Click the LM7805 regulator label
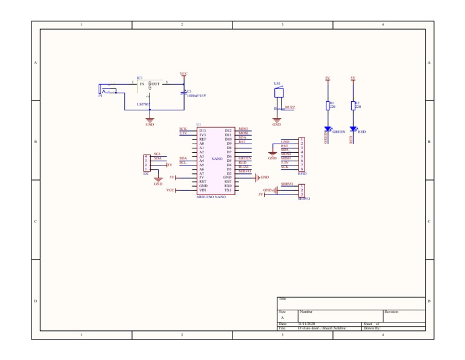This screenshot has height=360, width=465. (x=143, y=104)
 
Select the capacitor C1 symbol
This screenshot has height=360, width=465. (x=183, y=93)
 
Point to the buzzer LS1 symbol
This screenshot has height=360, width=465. (x=278, y=93)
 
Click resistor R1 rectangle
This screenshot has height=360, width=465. (x=328, y=105)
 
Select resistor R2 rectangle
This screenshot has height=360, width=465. (x=353, y=105)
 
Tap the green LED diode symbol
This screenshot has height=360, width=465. (x=328, y=128)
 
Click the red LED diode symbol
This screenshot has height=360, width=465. (x=353, y=128)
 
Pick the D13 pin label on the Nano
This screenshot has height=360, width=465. (x=203, y=130)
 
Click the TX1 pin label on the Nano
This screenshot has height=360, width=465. (x=228, y=190)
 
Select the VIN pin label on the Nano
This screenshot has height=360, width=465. (x=203, y=190)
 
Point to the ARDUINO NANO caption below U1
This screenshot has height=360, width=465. (x=211, y=197)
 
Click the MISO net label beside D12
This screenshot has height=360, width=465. (x=243, y=128)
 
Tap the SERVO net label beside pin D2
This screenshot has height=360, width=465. (x=245, y=171)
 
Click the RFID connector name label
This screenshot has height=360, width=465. (x=302, y=173)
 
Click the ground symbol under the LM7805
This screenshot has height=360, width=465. (x=150, y=121)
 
